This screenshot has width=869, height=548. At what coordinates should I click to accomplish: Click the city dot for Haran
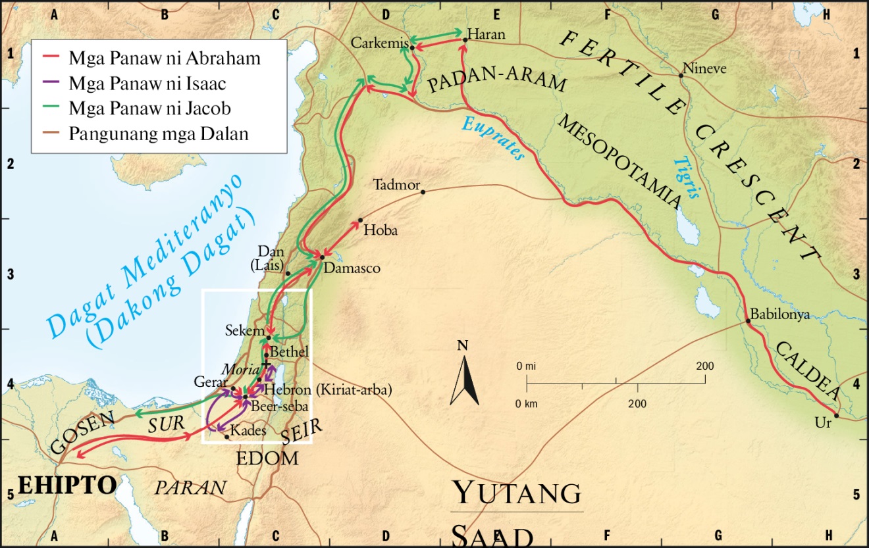pyautogui.click(x=465, y=40)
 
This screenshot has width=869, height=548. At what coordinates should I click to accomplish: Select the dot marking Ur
pyautogui.click(x=836, y=415)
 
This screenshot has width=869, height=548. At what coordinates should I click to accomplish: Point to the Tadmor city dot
pyautogui.click(x=423, y=192)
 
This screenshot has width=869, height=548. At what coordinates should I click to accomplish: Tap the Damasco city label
pyautogui.click(x=353, y=268)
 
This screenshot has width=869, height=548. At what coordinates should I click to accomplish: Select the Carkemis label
pyautogui.click(x=378, y=43)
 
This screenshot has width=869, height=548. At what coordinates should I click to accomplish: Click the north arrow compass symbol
pyautogui.click(x=465, y=379)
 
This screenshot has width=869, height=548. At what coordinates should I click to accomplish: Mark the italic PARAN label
pyautogui.click(x=190, y=487)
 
